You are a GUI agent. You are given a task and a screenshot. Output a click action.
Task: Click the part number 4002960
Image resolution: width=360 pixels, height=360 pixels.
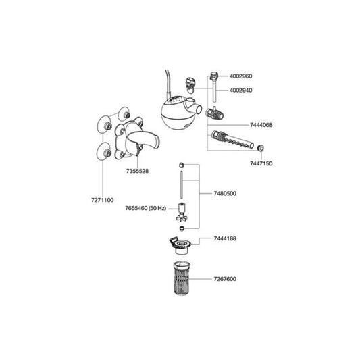[x=240, y=76]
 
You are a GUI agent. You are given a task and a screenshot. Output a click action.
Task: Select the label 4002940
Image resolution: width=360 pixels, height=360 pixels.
[x=240, y=91]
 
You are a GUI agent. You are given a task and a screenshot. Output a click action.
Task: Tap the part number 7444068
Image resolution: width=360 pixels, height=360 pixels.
[x=261, y=125]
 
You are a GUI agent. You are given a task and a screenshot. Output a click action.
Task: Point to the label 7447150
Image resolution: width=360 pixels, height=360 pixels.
[x=261, y=163]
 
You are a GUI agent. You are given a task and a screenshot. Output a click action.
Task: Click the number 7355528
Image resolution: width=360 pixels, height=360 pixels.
[x=137, y=171]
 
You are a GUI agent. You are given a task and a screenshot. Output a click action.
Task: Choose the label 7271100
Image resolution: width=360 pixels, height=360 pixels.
[x=103, y=200]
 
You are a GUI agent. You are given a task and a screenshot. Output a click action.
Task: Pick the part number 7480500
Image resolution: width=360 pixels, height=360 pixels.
[x=225, y=194]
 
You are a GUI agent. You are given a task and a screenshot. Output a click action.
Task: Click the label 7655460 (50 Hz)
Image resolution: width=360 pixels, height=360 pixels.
[x=146, y=209]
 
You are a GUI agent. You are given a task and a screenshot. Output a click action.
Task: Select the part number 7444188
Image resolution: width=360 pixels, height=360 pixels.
[x=225, y=238]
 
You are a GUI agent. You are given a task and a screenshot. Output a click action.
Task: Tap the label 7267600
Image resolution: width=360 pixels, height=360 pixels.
[x=225, y=279]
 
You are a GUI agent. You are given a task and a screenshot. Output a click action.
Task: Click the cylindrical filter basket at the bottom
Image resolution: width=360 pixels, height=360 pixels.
[x=182, y=278]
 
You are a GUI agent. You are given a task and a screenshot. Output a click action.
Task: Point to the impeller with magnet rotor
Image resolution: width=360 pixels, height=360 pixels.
[x=182, y=212]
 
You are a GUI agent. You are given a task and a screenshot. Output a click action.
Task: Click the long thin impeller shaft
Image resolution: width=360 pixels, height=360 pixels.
[x=182, y=185]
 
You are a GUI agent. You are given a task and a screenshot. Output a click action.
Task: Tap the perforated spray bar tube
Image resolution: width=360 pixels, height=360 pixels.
[x=232, y=139]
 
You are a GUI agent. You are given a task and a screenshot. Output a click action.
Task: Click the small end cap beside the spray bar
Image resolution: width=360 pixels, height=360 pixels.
[x=260, y=148]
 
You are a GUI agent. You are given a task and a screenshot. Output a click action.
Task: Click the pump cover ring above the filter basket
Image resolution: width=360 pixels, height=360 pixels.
[x=180, y=246]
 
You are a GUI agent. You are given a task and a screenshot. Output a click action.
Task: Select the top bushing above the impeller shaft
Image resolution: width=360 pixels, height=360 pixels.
[x=182, y=165]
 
